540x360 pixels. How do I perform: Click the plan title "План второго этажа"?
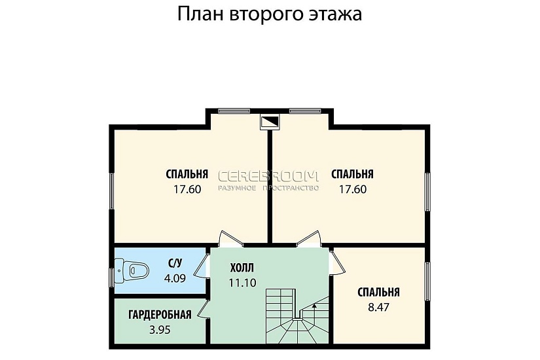pos(270,15)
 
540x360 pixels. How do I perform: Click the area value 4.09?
pos(175,278)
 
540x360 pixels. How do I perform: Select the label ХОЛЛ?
pos(242,268)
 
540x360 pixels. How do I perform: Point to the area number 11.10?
pos(242,283)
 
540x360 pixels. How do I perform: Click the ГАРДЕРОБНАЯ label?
pos(160,315)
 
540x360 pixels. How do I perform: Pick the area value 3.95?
pos(160,330)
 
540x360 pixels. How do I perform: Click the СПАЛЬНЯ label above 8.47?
pos(378,293)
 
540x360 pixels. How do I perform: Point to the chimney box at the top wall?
pos(270,121)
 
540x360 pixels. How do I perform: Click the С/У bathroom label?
pos(175,264)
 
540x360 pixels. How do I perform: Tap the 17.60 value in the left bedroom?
pos(187,189)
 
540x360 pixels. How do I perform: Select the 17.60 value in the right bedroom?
pos(352,189)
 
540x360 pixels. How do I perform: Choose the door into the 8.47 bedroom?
pos(336,261)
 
